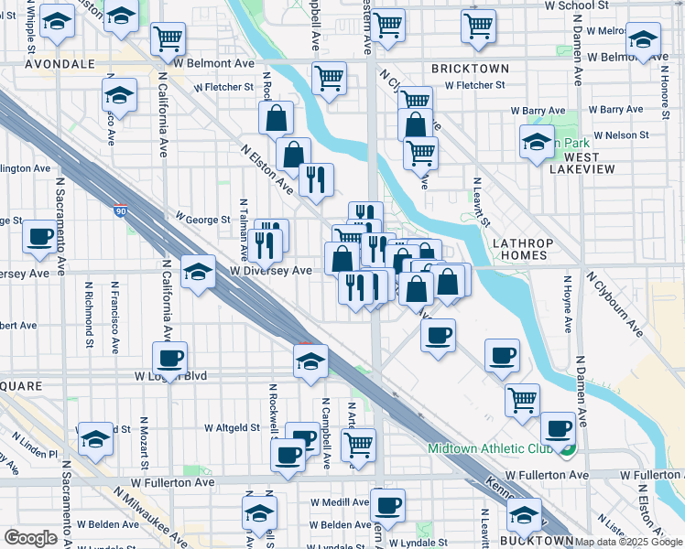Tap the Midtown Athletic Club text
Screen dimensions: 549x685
point(488,448)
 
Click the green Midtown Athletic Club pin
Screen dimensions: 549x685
point(569,449)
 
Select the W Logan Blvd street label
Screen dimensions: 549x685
point(171,376)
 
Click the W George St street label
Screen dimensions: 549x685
point(203,220)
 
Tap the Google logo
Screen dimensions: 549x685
point(29,538)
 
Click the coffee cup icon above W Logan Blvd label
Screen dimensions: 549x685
point(170,359)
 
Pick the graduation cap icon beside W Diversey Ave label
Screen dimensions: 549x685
point(198,272)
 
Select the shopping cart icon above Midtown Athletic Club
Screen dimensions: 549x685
point(522,399)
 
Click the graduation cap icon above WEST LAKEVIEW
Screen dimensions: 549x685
point(538,142)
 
